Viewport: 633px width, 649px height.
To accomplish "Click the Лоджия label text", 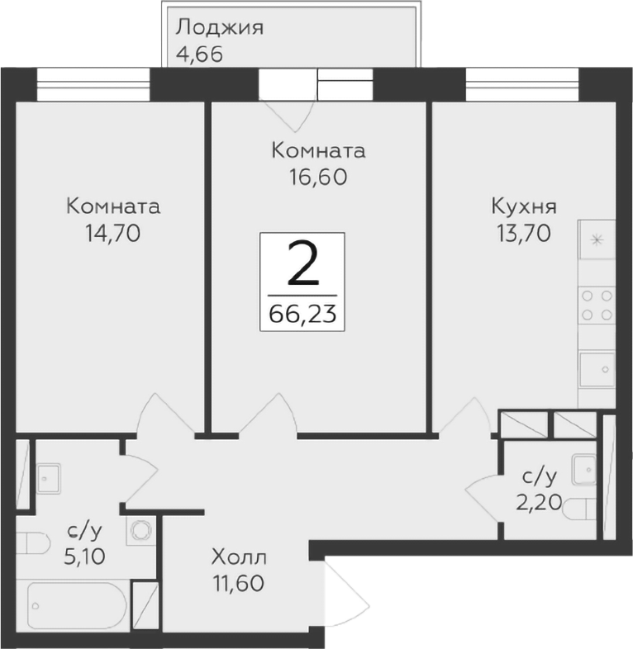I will [x=219, y=27].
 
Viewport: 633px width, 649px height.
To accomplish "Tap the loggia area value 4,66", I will [x=200, y=54].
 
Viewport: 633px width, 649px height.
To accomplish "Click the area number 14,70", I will [x=113, y=233].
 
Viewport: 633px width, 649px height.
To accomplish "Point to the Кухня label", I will [x=523, y=206].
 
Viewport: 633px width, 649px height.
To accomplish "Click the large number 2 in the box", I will [x=302, y=265].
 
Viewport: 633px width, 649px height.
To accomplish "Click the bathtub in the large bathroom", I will [x=76, y=607].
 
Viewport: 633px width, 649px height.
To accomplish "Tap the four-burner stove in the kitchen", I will [x=596, y=304].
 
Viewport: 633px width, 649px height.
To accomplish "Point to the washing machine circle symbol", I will [x=140, y=529].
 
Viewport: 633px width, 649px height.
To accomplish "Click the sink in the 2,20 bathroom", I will [x=586, y=468].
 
